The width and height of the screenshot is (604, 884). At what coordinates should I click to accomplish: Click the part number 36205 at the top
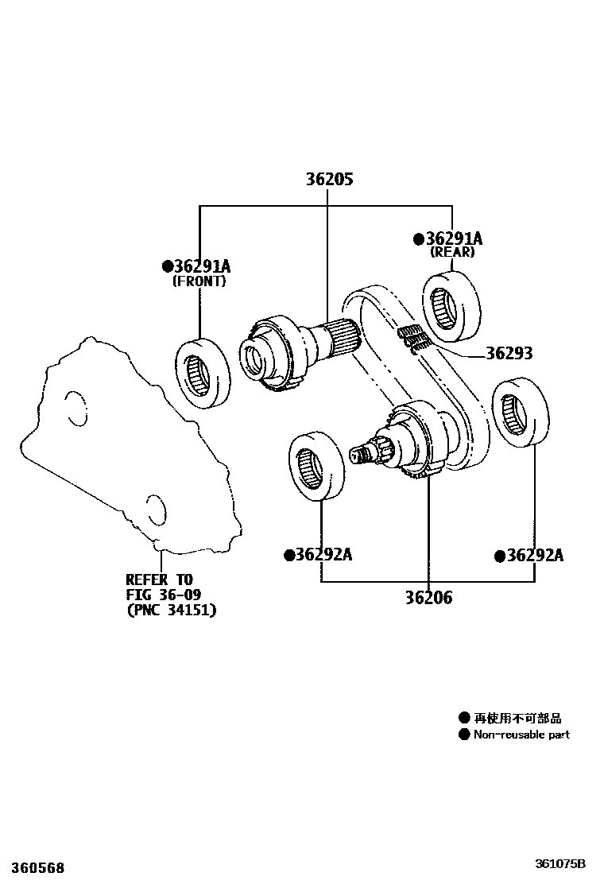click(329, 180)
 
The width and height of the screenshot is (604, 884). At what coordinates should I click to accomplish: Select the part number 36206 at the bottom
click(428, 597)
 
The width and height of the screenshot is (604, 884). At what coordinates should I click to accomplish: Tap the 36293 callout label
click(509, 354)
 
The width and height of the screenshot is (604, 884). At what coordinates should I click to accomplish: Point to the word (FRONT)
click(199, 281)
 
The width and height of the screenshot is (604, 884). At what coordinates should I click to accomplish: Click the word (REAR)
click(452, 252)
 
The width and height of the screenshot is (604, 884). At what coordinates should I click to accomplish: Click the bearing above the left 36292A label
click(316, 466)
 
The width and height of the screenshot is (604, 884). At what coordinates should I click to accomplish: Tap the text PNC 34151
click(171, 610)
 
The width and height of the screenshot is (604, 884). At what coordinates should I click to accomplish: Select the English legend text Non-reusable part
click(521, 735)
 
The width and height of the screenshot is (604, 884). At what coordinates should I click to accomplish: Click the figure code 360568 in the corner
click(33, 868)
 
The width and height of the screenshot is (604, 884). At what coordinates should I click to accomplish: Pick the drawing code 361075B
click(559, 863)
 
